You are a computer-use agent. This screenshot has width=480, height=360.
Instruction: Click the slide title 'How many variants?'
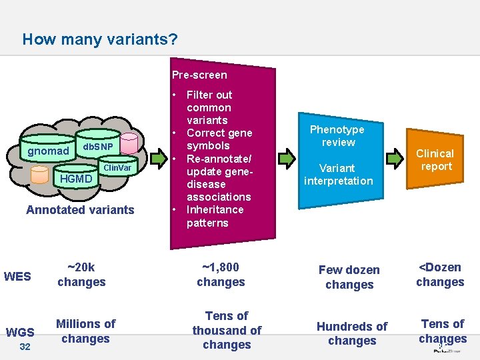tap(100, 39)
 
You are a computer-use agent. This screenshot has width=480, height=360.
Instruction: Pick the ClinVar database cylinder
tap(119, 168)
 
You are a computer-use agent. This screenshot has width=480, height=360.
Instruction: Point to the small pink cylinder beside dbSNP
tap(129, 141)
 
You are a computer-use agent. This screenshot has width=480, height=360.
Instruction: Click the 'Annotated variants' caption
tap(80, 210)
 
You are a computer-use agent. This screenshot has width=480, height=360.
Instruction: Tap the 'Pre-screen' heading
tap(199, 75)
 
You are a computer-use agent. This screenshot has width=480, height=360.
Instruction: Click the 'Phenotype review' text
tap(337, 136)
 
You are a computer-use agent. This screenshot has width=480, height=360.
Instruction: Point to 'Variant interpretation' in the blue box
tap(338, 174)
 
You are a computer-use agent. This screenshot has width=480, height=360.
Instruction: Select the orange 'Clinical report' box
tap(436, 160)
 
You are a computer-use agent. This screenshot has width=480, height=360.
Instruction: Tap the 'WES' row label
tap(17, 276)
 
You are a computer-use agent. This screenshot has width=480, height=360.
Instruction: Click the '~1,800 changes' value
tap(221, 275)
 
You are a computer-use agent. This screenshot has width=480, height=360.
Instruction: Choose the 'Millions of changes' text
tap(85, 331)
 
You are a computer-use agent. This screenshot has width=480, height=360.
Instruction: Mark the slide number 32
tap(25, 347)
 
